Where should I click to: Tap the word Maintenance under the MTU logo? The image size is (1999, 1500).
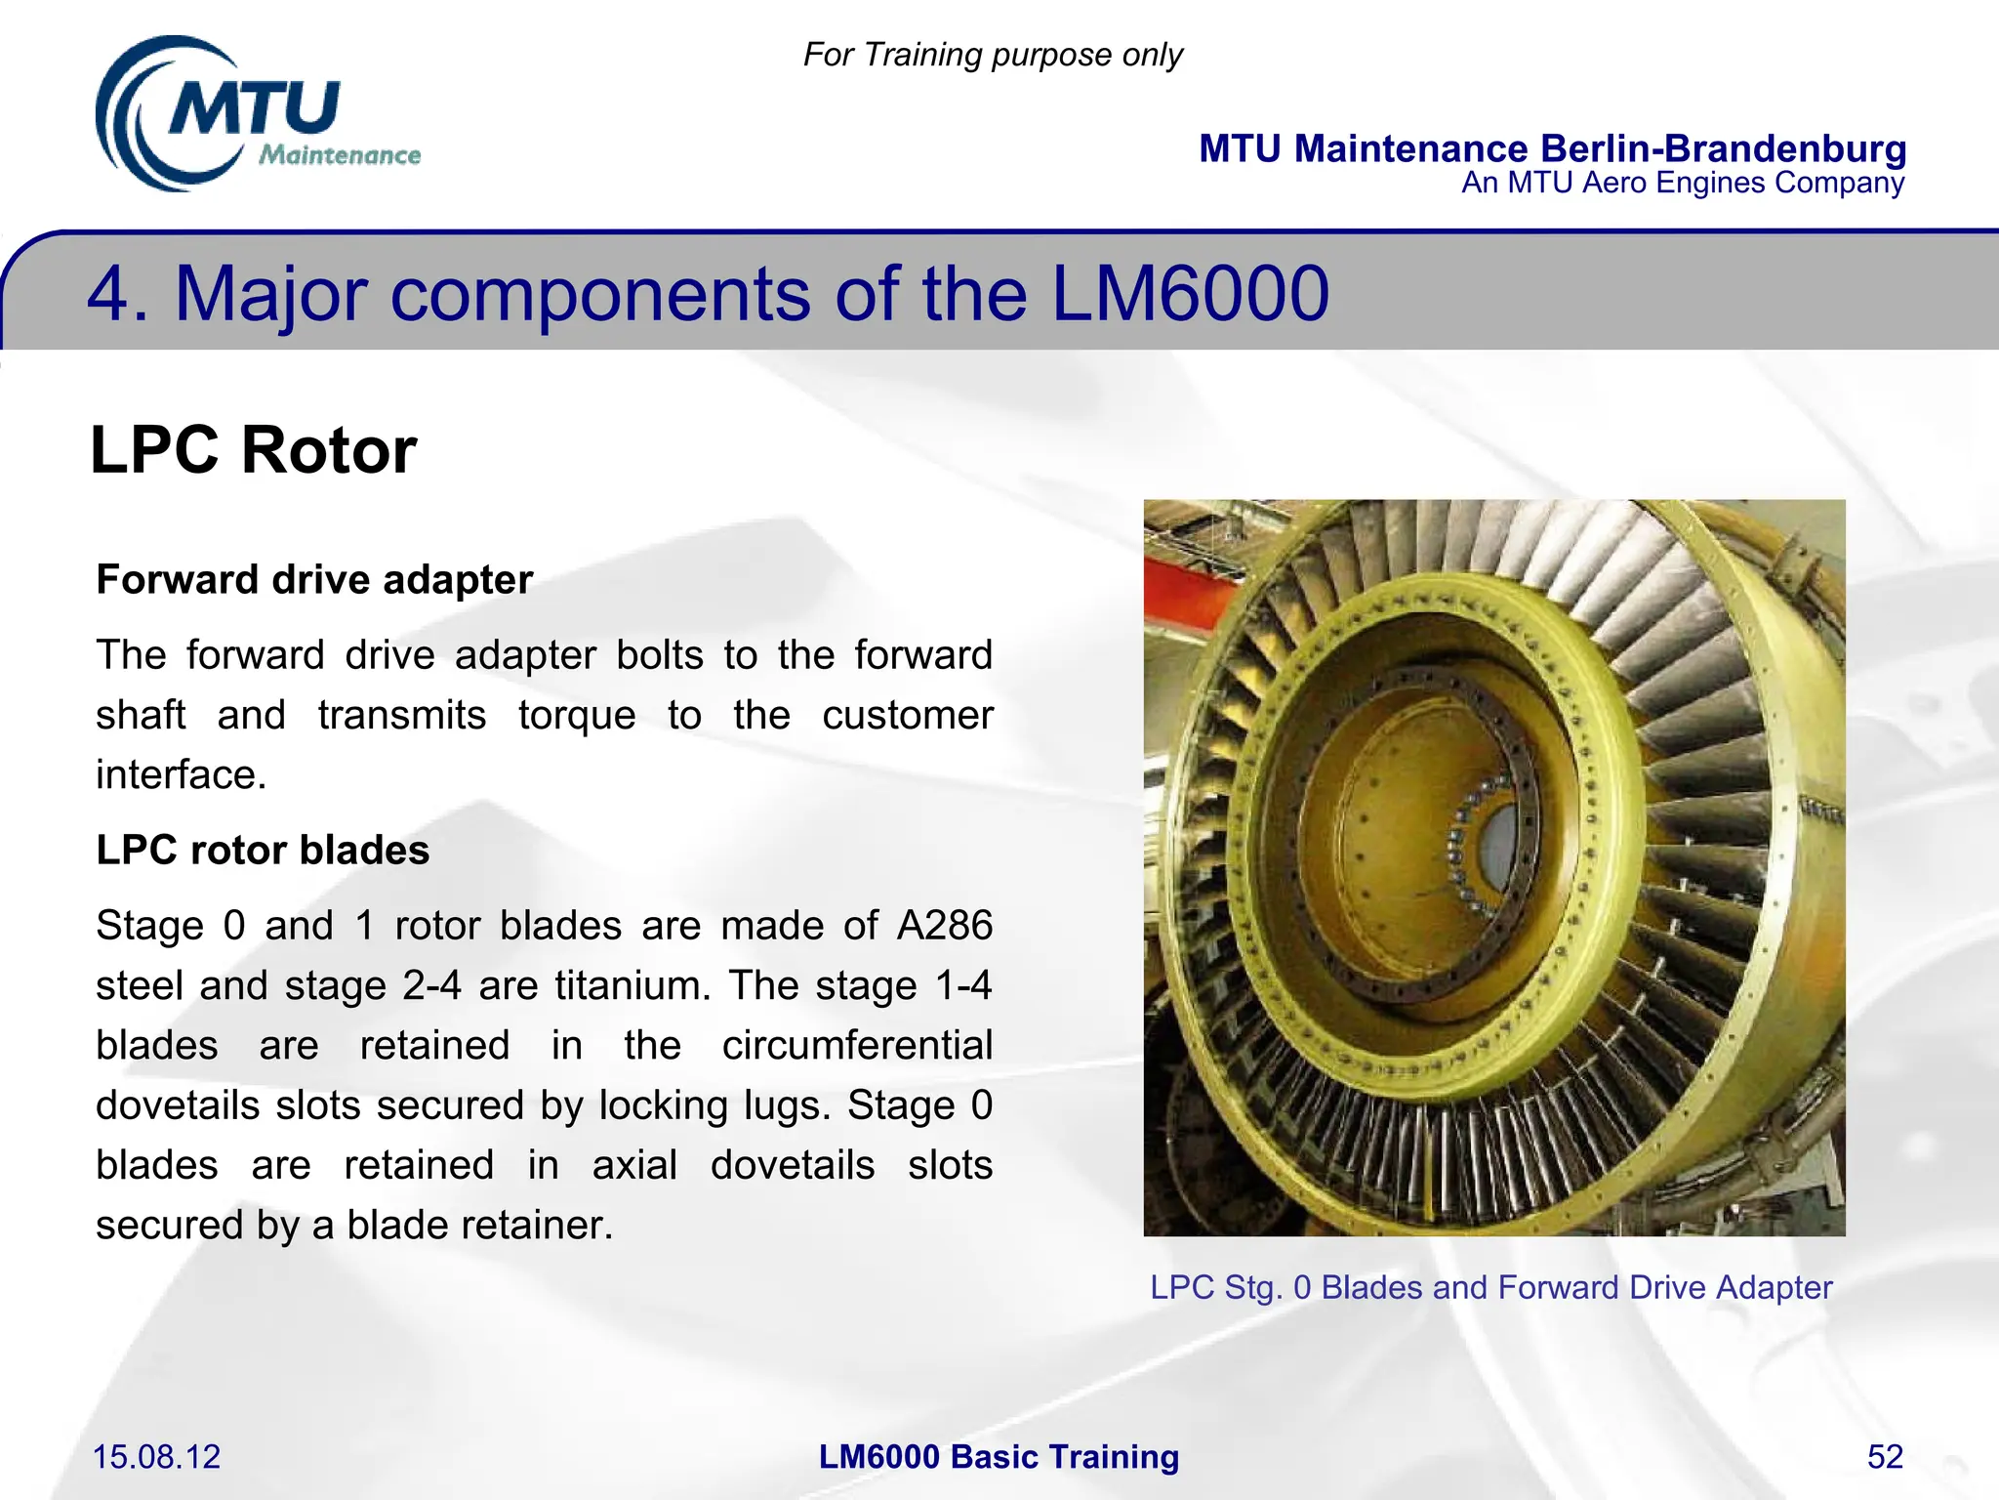tap(340, 155)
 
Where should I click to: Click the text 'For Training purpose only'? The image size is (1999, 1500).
tap(992, 55)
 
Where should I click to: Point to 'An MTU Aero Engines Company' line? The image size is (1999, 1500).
tap(1682, 183)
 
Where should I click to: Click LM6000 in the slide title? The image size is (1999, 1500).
tap(1190, 293)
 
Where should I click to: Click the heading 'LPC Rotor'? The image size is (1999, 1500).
tap(254, 450)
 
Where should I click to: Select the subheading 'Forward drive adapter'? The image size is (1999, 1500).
tap(314, 579)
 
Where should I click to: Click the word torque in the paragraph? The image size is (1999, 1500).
tap(577, 715)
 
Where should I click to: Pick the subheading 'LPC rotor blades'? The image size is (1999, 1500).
tap(263, 850)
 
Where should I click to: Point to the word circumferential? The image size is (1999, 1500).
tap(856, 1045)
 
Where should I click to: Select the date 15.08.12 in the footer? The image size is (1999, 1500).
tap(156, 1457)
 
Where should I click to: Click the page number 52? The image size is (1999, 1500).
tap(1884, 1457)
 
